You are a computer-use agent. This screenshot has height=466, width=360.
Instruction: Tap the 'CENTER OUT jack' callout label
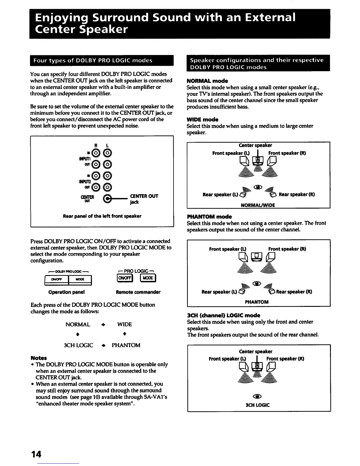144,199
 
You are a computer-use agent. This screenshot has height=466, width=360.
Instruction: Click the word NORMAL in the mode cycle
78,324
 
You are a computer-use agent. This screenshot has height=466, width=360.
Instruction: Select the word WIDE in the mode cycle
124,324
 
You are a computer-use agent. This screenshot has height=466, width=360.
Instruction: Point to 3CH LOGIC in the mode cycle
79,345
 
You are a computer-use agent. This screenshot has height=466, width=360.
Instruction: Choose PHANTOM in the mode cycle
126,345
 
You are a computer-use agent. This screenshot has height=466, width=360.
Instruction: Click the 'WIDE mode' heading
202,119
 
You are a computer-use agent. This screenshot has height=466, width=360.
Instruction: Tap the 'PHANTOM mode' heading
209,217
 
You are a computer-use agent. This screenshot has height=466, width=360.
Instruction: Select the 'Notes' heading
39,358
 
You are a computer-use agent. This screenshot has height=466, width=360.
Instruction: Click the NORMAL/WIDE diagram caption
258,205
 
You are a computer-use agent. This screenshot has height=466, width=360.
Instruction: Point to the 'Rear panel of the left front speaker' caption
102,216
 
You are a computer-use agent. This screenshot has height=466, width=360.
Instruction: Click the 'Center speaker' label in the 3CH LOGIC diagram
256,351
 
